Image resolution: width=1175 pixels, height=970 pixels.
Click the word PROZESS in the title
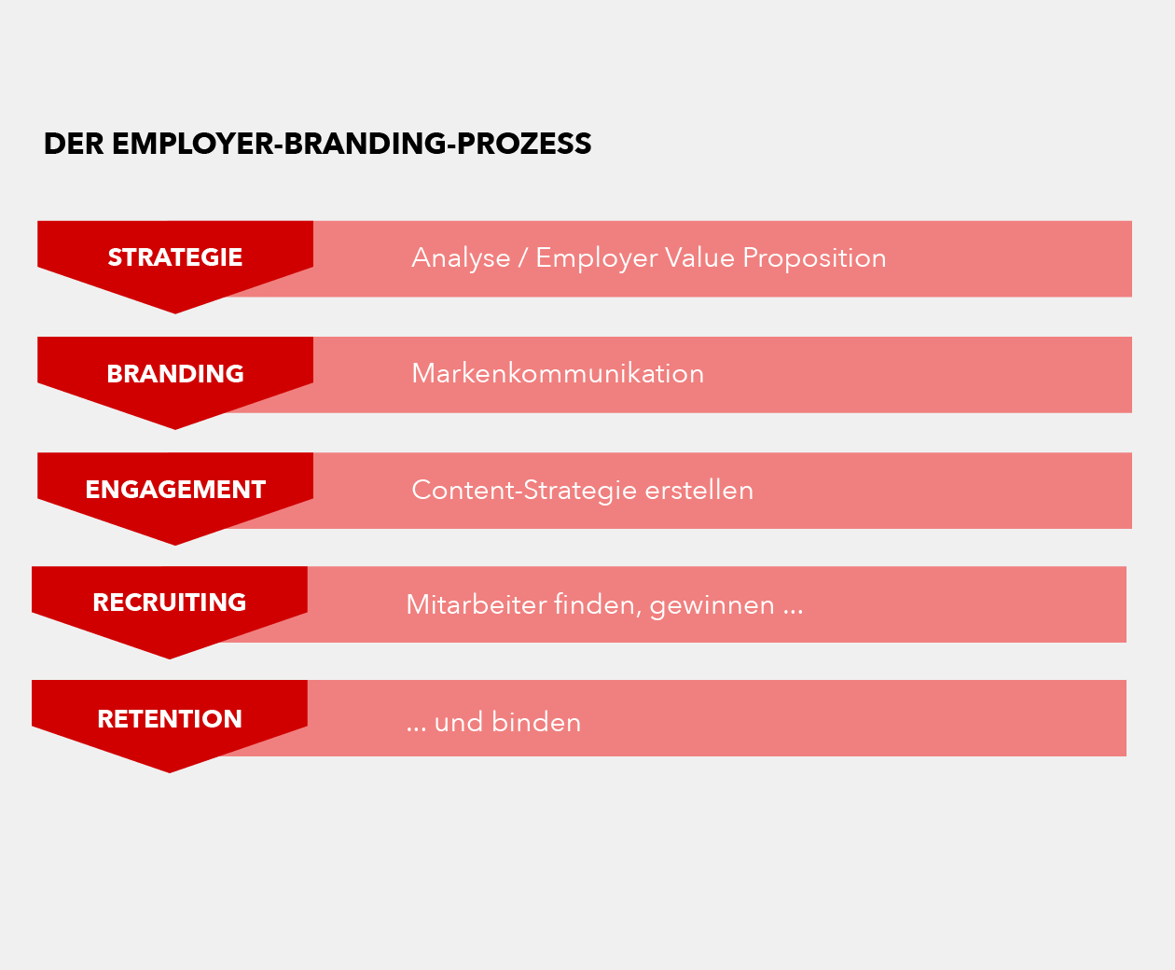coord(524,144)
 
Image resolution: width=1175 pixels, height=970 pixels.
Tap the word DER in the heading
coord(74,144)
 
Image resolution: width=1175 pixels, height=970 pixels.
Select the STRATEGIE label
coord(175,257)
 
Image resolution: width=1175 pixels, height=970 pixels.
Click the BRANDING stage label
coord(175,374)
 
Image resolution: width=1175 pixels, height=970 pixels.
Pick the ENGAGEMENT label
coord(175,490)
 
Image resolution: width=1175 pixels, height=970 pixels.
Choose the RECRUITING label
coord(170,603)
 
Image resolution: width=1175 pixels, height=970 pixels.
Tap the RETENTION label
coord(170,719)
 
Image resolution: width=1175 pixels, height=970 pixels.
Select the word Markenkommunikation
coord(558,374)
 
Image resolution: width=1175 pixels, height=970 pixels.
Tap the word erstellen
coord(698,491)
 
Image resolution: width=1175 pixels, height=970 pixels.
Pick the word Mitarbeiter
coord(477,604)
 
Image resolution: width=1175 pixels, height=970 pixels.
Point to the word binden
coord(535,722)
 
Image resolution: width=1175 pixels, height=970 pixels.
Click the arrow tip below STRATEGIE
coord(175,313)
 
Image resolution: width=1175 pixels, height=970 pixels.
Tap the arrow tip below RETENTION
coord(170,772)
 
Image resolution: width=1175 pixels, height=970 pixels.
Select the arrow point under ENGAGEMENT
coord(175,545)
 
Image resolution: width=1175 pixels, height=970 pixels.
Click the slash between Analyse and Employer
coord(523,257)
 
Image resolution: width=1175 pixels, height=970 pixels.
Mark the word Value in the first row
coord(699,257)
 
